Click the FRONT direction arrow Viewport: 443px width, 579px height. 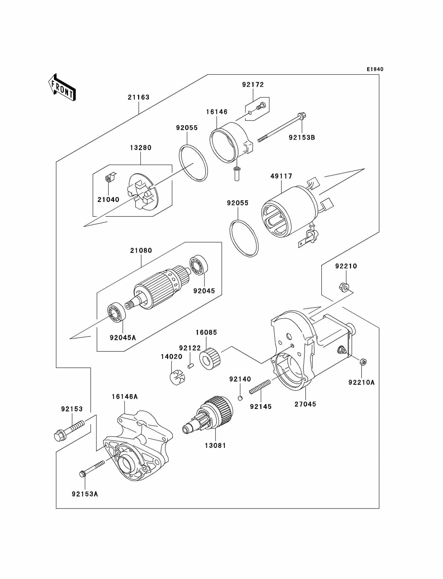pyautogui.click(x=62, y=88)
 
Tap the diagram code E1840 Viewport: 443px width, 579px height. pyautogui.click(x=375, y=69)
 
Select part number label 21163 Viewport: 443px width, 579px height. pyautogui.click(x=139, y=97)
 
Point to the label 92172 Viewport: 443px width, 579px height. pyautogui.click(x=253, y=85)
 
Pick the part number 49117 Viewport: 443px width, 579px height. pyautogui.click(x=281, y=176)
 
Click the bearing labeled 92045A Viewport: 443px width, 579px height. pyautogui.click(x=116, y=313)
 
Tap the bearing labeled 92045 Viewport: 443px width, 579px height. pyautogui.click(x=199, y=265)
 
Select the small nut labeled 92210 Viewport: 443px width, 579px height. pyautogui.click(x=344, y=287)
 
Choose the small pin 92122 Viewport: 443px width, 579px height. pyautogui.click(x=191, y=366)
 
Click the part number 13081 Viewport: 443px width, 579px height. pyautogui.click(x=216, y=446)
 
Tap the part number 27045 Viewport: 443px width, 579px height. pyautogui.click(x=305, y=404)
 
